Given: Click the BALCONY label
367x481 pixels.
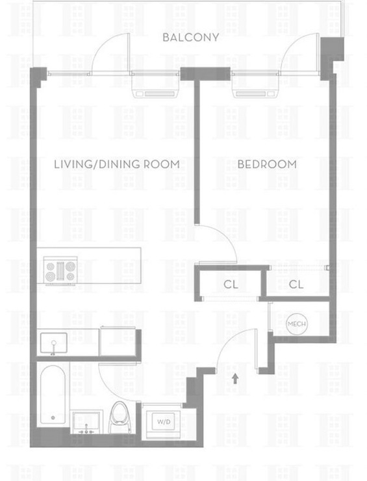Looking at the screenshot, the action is pyautogui.click(x=190, y=38).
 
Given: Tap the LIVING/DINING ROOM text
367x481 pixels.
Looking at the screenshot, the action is pyautogui.click(x=117, y=164).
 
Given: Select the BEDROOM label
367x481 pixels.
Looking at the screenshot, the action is pyautogui.click(x=267, y=164).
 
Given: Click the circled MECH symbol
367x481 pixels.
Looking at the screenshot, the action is pyautogui.click(x=296, y=324).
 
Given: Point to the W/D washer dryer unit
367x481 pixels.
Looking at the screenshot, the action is pyautogui.click(x=164, y=422).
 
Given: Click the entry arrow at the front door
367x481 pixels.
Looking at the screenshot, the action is pyautogui.click(x=235, y=378).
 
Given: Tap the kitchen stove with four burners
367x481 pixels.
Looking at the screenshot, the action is pyautogui.click(x=60, y=270).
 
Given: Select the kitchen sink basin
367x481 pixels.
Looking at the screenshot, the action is pyautogui.click(x=54, y=343).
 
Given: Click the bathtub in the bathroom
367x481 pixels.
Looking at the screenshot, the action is pyautogui.click(x=53, y=395).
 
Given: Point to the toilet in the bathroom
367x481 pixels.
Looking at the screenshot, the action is pyautogui.click(x=120, y=417).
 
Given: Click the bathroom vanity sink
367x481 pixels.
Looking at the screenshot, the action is pyautogui.click(x=86, y=423).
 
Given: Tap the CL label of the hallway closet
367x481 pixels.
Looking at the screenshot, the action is pyautogui.click(x=231, y=285).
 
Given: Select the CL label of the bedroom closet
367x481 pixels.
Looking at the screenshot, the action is pyautogui.click(x=296, y=285).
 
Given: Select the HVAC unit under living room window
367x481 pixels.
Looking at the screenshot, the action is pyautogui.click(x=155, y=90).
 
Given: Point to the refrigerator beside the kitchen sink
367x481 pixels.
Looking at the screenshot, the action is pyautogui.click(x=118, y=342).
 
